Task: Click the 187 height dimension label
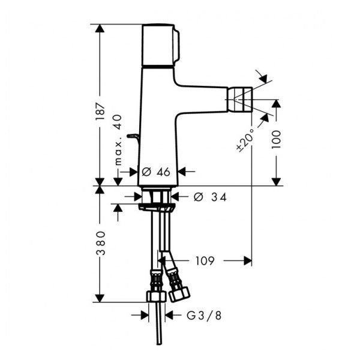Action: (100, 112)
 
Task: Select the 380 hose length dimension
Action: (101, 243)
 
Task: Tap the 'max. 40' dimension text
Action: (118, 140)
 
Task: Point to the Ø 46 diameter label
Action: (156, 172)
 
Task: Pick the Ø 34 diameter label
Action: (210, 197)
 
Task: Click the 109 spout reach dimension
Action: (205, 261)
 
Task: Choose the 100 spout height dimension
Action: (276, 139)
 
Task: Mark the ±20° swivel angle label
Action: (245, 140)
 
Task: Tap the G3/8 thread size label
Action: (204, 316)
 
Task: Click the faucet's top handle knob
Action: (160, 45)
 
